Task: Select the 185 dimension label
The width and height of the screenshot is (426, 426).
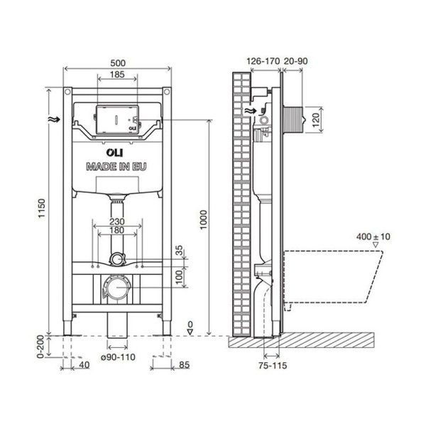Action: tap(118, 74)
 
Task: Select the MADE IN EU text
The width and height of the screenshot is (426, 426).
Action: tap(118, 168)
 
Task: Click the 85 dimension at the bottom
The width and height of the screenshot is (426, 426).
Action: tap(183, 366)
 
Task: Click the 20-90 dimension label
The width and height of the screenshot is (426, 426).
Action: tap(297, 61)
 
